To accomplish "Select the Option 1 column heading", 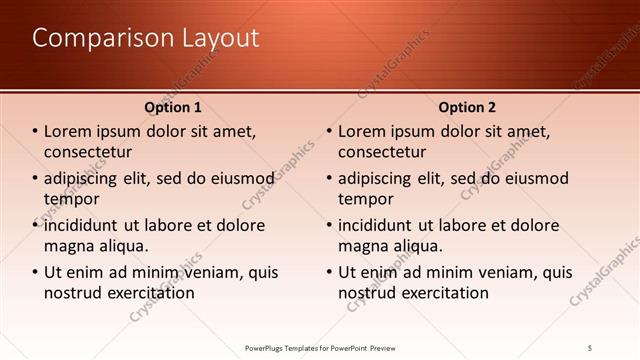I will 173,107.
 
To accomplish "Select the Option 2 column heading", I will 466,107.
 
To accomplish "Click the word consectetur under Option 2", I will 382,151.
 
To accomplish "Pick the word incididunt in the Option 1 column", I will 86,225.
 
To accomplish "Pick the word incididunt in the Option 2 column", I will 380,225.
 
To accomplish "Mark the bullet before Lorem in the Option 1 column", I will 35,131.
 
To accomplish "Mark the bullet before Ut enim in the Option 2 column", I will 329,272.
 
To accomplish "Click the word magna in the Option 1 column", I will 68,245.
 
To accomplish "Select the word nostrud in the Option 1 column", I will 74,293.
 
